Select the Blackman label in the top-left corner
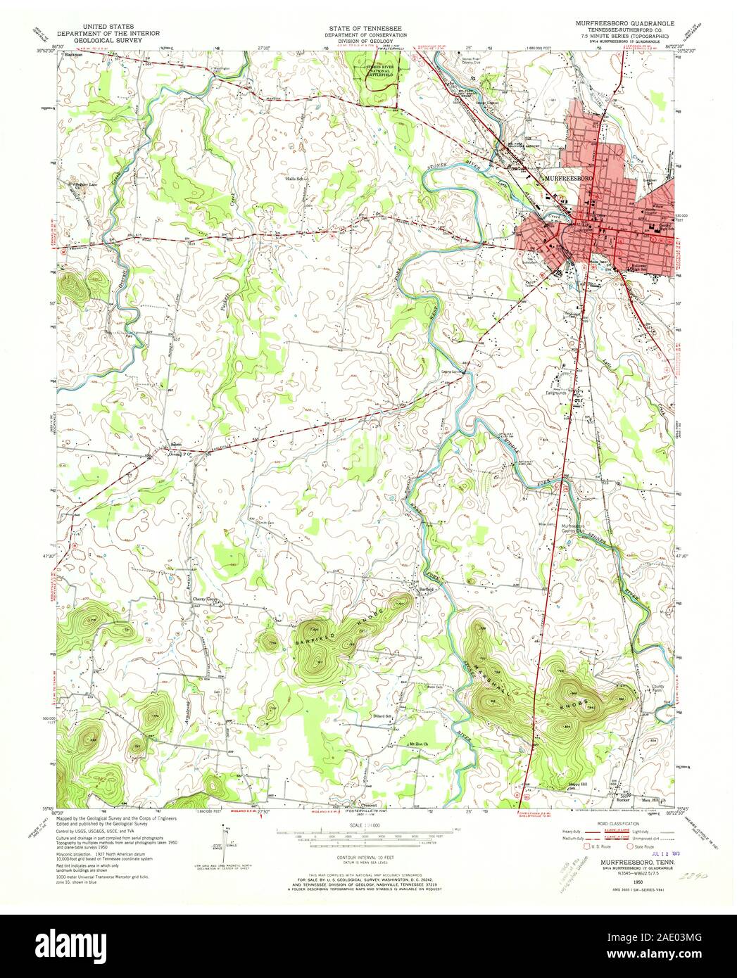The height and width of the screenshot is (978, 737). point(74,53)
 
